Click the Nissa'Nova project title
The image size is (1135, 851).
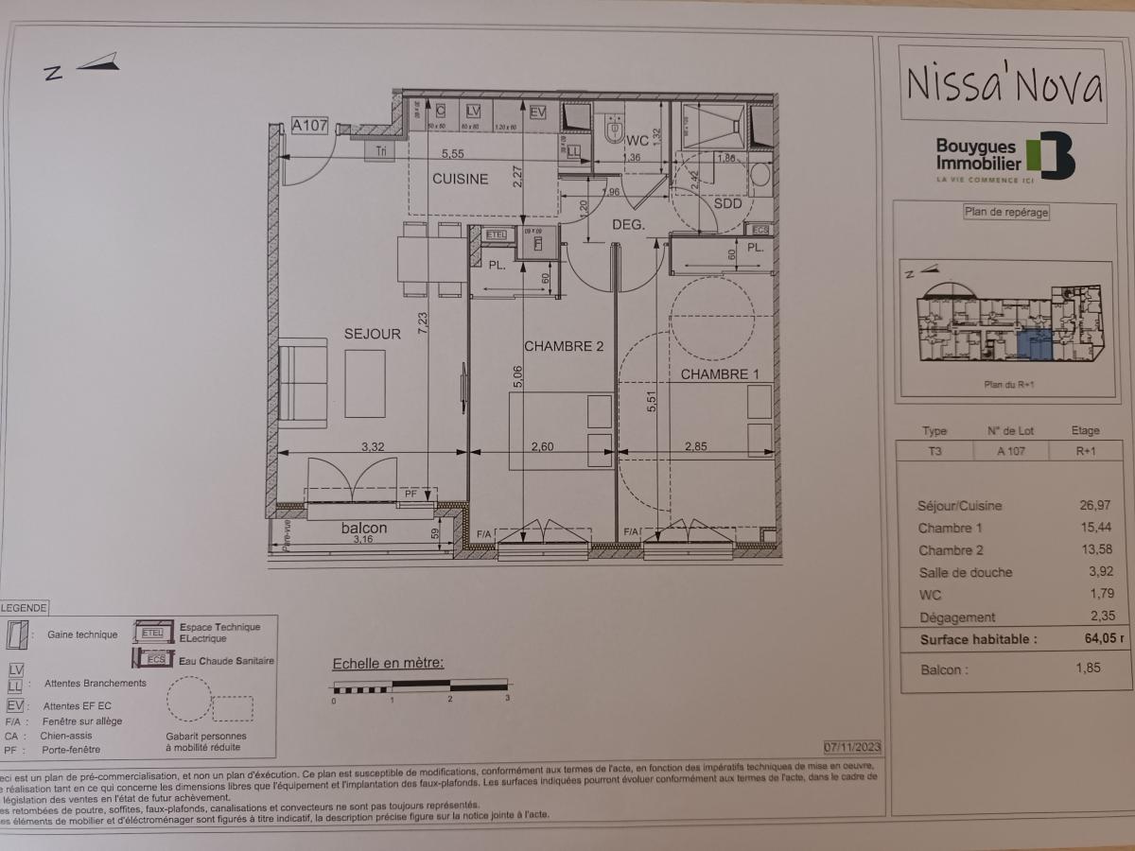pyautogui.click(x=1004, y=84)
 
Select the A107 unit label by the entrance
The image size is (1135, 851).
pyautogui.click(x=309, y=125)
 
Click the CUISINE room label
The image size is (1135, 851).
pyautogui.click(x=461, y=179)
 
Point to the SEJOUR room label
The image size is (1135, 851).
pyautogui.click(x=373, y=333)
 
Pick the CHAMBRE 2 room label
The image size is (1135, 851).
pyautogui.click(x=564, y=346)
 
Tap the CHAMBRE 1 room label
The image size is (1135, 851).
pyautogui.click(x=720, y=374)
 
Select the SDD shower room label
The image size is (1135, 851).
pyautogui.click(x=727, y=203)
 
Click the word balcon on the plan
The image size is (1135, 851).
pyautogui.click(x=364, y=528)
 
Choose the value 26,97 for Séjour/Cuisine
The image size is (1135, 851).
pyautogui.click(x=1094, y=506)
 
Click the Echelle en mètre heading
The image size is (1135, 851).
pyautogui.click(x=388, y=664)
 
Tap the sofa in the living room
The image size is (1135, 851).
pyautogui.click(x=303, y=382)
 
